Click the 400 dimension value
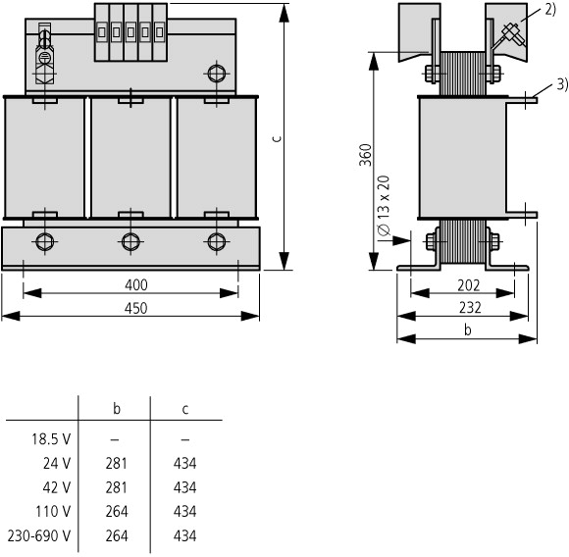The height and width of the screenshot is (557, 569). [136, 285]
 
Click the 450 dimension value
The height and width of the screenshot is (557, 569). [136, 308]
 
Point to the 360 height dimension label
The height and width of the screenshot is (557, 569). [366, 155]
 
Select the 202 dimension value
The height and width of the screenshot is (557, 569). [469, 285]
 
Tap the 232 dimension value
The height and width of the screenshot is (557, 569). [470, 308]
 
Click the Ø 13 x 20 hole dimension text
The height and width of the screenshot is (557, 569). [384, 206]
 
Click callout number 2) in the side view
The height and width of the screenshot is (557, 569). [550, 10]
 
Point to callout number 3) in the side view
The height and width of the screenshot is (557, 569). [562, 84]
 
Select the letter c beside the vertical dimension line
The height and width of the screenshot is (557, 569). [277, 138]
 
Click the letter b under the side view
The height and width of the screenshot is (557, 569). [468, 329]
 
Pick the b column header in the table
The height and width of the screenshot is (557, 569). [117, 408]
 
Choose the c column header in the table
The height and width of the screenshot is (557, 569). [185, 409]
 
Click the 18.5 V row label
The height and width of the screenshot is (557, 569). [51, 439]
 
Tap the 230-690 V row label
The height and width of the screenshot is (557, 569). [39, 535]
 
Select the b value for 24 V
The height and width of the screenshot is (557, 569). [116, 464]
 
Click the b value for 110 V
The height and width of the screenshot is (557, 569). [117, 512]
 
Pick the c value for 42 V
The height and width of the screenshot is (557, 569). [184, 487]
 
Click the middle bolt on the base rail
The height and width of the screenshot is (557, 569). [130, 242]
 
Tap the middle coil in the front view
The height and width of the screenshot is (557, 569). [130, 158]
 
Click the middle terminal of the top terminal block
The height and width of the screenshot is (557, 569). [130, 32]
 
